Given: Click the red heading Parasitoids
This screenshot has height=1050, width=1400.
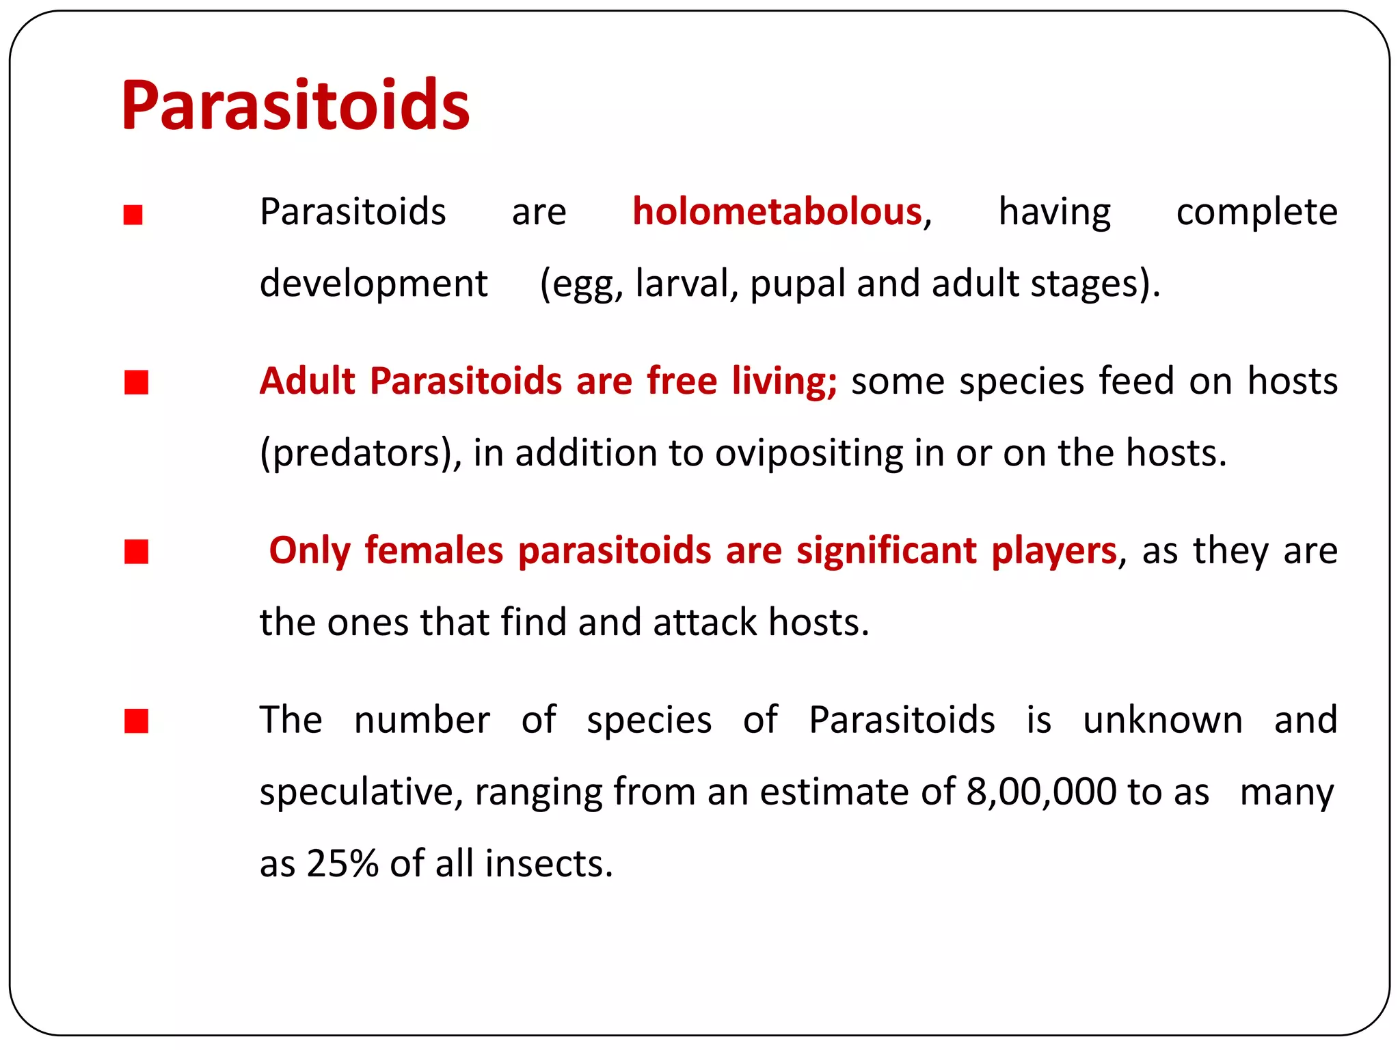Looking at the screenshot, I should (x=295, y=106).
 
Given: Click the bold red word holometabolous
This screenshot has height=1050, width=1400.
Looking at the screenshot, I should (x=777, y=212).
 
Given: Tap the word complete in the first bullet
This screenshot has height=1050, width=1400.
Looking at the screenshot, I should (x=1256, y=212).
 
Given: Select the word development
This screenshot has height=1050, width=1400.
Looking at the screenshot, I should (x=373, y=284).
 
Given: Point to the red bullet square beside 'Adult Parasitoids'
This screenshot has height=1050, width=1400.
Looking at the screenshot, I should (x=136, y=383).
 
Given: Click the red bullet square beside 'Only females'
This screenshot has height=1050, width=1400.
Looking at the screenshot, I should (x=136, y=551).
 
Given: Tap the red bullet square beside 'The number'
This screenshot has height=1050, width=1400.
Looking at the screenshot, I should (x=136, y=721).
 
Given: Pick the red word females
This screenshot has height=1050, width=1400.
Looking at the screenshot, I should (x=434, y=551).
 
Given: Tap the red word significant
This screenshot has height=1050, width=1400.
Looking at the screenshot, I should (x=886, y=551).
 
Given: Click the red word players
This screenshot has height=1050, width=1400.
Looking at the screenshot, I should (x=1053, y=551).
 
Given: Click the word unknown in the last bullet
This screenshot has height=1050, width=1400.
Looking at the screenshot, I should (x=1162, y=721).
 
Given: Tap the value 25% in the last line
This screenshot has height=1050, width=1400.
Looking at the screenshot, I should (x=342, y=863).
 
